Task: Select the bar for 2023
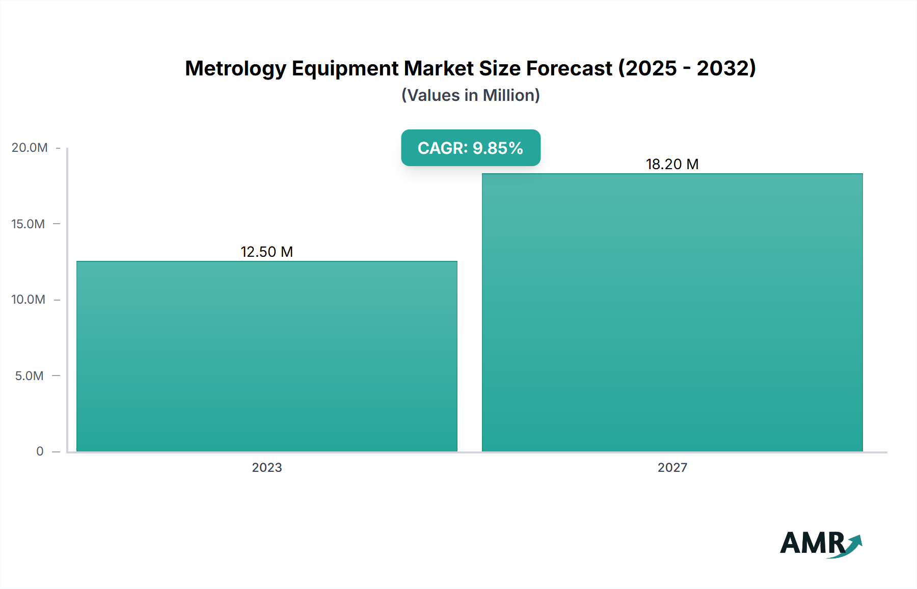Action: [x=267, y=357]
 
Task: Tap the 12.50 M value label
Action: [x=267, y=252]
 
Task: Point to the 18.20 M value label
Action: [x=672, y=164]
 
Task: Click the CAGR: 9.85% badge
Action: [x=471, y=148]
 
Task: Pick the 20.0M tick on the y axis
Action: [x=30, y=148]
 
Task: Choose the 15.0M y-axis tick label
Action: [x=28, y=224]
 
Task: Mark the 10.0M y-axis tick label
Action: [x=28, y=300]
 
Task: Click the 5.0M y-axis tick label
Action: [x=29, y=376]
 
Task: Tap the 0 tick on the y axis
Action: [x=40, y=451]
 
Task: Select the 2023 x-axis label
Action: [x=267, y=467]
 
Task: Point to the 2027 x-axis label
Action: [x=672, y=467]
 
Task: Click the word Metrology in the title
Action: [x=235, y=69]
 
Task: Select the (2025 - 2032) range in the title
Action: [x=687, y=68]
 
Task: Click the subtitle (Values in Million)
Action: [x=471, y=95]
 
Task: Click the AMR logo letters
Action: [x=812, y=543]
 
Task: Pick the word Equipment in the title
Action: [x=345, y=69]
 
